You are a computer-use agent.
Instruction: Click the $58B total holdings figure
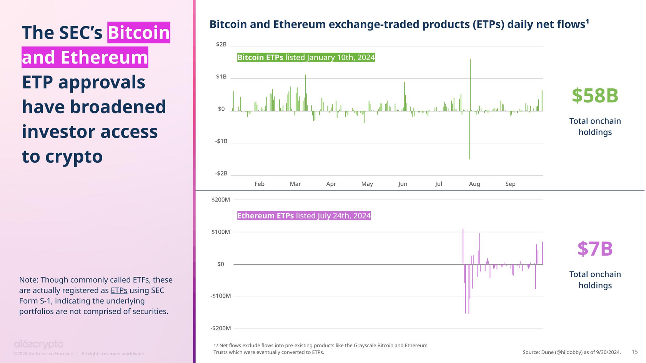click(x=595, y=96)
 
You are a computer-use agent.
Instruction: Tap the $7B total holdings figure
click(x=595, y=249)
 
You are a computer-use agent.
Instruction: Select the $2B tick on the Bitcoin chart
click(x=221, y=45)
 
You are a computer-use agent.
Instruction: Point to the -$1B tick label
click(x=221, y=141)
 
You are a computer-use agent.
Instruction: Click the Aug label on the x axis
click(x=474, y=184)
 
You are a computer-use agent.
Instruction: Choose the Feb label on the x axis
click(x=260, y=184)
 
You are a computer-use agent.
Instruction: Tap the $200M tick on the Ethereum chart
click(x=220, y=200)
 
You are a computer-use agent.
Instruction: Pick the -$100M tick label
click(x=220, y=296)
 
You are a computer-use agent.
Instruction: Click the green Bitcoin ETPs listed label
click(x=306, y=57)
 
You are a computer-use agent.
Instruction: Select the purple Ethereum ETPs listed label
click(x=304, y=216)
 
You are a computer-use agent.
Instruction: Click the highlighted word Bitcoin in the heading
click(x=139, y=33)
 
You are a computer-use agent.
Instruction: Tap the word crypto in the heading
click(x=74, y=157)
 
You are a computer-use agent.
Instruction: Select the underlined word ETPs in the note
click(x=119, y=290)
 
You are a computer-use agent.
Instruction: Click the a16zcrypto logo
click(x=38, y=344)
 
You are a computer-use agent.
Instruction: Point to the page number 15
click(x=635, y=352)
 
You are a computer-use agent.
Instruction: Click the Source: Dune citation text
click(x=571, y=352)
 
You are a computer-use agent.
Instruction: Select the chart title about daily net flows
click(x=399, y=25)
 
